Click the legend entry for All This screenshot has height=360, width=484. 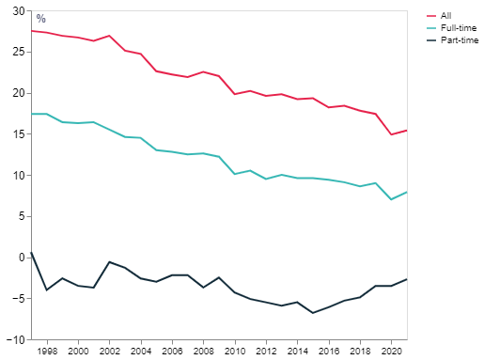point(445,15)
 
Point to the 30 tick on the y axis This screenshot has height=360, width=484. point(20,11)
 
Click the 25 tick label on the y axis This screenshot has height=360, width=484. point(20,52)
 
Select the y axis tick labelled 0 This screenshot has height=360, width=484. point(23,257)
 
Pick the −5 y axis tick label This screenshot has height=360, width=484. point(20,298)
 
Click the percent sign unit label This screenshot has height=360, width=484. point(40,19)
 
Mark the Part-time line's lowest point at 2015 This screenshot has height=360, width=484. point(313,312)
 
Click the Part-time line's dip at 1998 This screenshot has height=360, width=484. point(47,290)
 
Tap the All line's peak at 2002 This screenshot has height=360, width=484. point(110,36)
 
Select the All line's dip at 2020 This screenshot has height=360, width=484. point(391,134)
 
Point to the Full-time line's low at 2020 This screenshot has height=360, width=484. point(391,199)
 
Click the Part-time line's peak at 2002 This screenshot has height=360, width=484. point(110,261)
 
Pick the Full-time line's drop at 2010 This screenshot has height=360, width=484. point(235,174)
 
